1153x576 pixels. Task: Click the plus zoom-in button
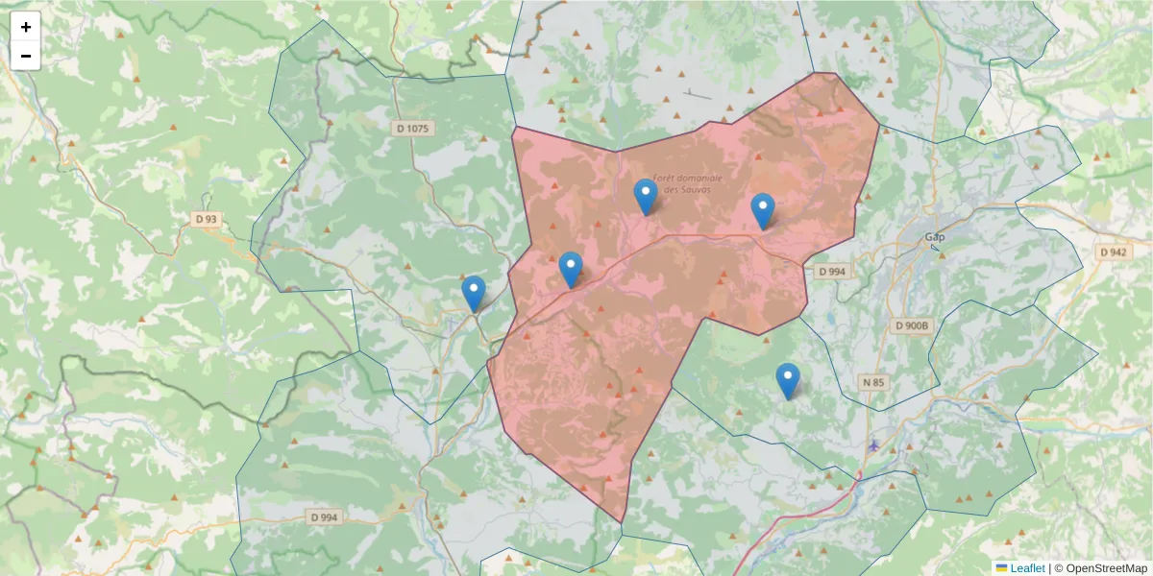[x=26, y=27]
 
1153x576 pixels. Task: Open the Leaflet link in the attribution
[x=1026, y=568]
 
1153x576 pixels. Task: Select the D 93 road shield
[x=207, y=219]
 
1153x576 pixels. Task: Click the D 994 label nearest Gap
[x=832, y=272]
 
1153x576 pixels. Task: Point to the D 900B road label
[x=912, y=325]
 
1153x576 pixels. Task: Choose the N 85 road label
[x=873, y=382]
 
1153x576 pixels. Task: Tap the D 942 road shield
[x=1113, y=252]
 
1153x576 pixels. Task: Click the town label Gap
[x=934, y=236]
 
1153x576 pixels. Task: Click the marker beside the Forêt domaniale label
[x=646, y=198]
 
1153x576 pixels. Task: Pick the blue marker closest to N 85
[x=788, y=381]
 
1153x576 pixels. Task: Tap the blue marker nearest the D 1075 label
[x=474, y=294]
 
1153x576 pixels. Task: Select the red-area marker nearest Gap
[x=763, y=211]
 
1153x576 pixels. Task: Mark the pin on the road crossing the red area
[x=571, y=270]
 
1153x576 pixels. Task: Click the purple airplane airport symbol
[x=873, y=444]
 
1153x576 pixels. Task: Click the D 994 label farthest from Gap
[x=325, y=516]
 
